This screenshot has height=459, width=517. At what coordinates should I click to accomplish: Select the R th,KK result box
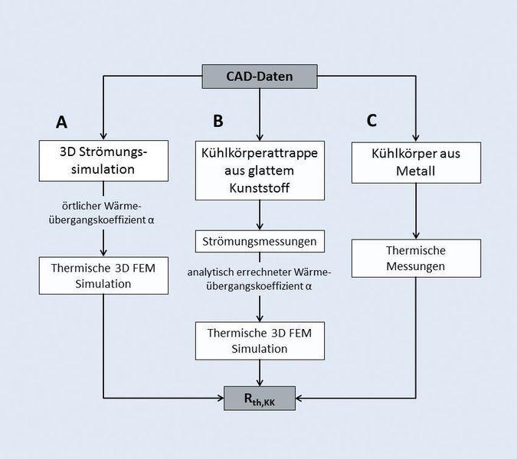pos(260,399)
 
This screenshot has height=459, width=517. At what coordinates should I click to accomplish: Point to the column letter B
pos(218,121)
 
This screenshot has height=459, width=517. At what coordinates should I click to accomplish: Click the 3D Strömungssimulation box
pos(103,159)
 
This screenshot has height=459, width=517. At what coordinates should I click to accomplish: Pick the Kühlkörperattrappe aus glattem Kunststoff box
pos(261,170)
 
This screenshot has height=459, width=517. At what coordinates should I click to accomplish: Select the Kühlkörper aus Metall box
pos(416,161)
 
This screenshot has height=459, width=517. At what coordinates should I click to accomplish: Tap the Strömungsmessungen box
pos(261,242)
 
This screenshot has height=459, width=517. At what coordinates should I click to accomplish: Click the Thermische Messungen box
pos(416,259)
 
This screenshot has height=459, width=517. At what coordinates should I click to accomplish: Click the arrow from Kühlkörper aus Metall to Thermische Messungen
pos(416,210)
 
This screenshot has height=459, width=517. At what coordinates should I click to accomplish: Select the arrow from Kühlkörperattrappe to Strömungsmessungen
pos(261,214)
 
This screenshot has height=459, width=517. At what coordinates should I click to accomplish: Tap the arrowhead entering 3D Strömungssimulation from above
pos(103,135)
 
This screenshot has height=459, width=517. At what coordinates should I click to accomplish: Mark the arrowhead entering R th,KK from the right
pos(300,399)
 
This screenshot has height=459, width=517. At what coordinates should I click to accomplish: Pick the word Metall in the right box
pos(416,171)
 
